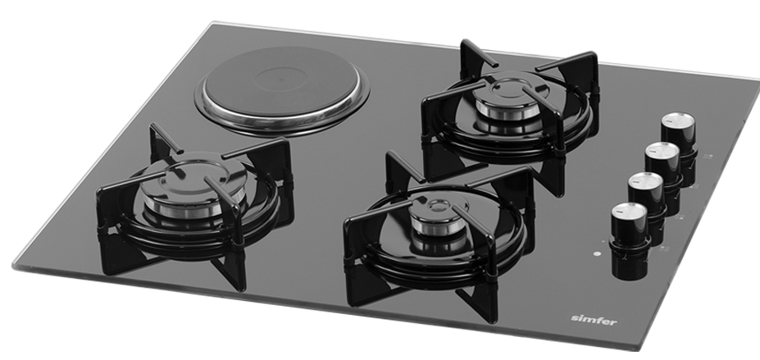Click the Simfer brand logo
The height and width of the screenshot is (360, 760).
[594, 320]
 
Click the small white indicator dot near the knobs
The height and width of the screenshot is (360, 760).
[597, 253]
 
